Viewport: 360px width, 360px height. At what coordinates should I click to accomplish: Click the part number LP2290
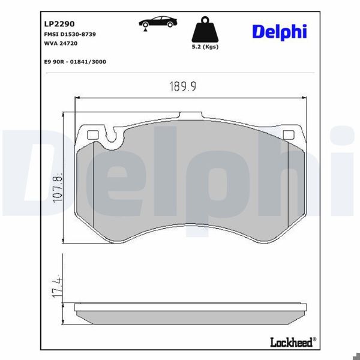pos(58,25)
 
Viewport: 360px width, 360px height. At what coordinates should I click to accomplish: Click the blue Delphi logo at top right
pos(279,31)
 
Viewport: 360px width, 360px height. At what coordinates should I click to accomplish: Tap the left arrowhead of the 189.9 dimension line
pos(76,97)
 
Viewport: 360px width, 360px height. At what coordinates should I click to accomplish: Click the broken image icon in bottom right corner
pos(353,353)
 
